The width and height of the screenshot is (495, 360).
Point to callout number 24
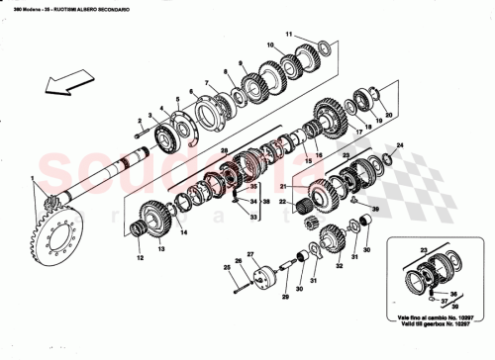pyautogui.click(x=399, y=146)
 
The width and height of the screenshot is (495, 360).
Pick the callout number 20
pyautogui.click(x=389, y=115)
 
